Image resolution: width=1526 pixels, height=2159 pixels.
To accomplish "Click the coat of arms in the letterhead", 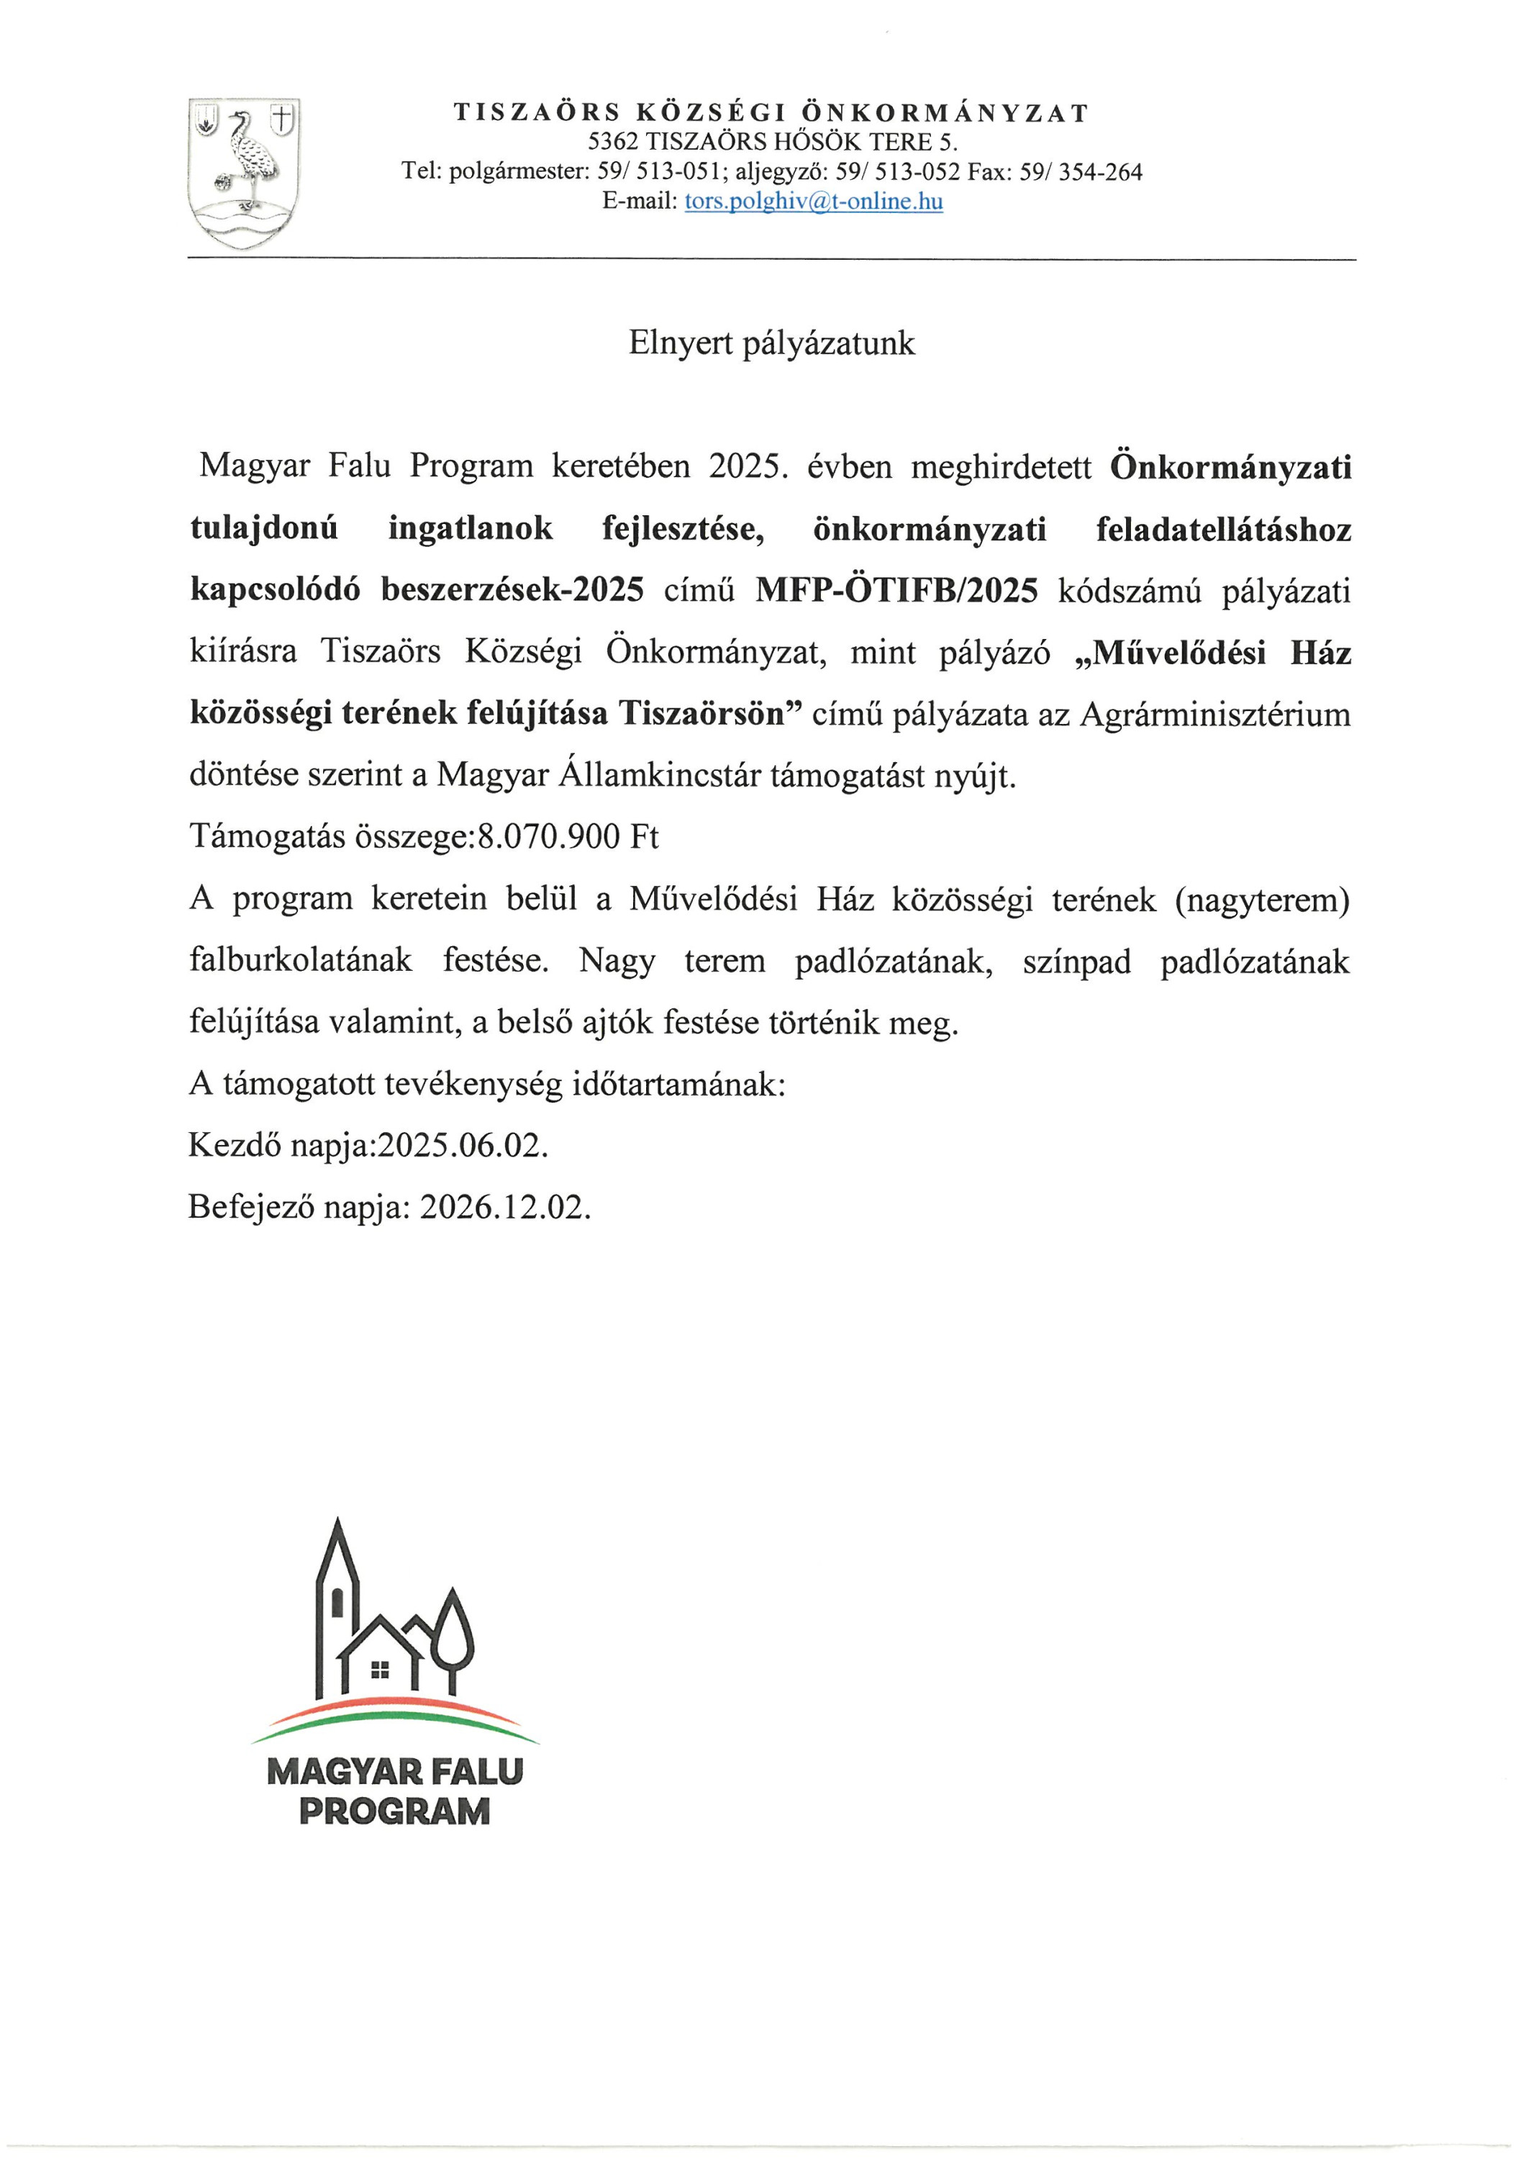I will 243,173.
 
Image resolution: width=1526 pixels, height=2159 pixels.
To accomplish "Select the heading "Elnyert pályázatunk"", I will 771,343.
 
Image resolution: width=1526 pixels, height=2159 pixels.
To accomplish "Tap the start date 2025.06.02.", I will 463,1145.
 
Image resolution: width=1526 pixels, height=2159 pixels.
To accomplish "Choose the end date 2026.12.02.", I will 505,1206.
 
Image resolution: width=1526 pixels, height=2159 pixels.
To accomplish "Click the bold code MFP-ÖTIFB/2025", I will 897,591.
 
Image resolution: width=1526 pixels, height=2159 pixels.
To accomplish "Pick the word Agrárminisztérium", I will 1214,714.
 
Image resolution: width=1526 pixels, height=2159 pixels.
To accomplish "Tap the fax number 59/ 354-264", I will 1081,172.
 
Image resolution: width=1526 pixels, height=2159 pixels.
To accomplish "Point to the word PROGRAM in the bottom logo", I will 394,1811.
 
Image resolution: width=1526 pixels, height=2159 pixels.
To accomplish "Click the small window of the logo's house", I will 380,1670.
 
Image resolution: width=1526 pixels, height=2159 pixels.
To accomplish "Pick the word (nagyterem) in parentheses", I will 1262,899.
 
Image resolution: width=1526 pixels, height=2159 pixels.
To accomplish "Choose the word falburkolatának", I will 301,960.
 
